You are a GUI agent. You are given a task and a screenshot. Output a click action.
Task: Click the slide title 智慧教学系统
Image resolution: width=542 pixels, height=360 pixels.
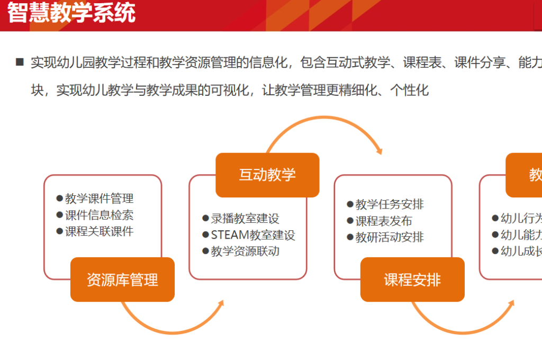(71, 13)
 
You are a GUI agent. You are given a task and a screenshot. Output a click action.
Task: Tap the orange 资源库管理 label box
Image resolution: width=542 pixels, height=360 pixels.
(122, 280)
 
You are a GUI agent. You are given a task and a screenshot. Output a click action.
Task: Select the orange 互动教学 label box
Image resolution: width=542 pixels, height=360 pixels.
(267, 175)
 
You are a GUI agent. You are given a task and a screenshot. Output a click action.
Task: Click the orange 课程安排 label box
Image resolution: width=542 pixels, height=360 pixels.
(412, 280)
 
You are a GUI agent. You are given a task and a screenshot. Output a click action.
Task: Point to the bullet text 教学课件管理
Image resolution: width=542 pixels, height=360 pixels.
(99, 199)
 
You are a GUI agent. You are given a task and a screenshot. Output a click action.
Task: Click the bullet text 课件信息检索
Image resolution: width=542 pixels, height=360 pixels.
(99, 215)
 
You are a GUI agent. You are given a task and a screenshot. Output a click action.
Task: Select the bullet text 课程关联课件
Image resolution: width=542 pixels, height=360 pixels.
(99, 231)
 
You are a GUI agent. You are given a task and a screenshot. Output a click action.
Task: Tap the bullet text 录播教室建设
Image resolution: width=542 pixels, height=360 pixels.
(245, 219)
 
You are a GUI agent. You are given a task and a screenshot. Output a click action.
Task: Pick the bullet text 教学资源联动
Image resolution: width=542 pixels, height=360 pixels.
(245, 251)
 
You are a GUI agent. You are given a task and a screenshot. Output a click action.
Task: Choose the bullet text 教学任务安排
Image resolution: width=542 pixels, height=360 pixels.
(390, 204)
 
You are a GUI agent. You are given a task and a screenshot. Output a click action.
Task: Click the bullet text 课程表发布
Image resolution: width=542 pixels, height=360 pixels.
(384, 221)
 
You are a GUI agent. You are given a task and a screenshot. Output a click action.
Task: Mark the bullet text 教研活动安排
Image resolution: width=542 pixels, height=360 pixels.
(390, 237)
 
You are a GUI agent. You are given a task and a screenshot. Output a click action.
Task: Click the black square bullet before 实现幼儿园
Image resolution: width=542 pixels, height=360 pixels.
(20, 62)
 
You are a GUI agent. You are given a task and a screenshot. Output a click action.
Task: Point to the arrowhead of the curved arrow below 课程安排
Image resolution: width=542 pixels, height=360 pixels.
(511, 304)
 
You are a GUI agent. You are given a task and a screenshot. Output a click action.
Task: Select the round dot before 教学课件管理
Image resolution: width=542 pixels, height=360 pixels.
(59, 199)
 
